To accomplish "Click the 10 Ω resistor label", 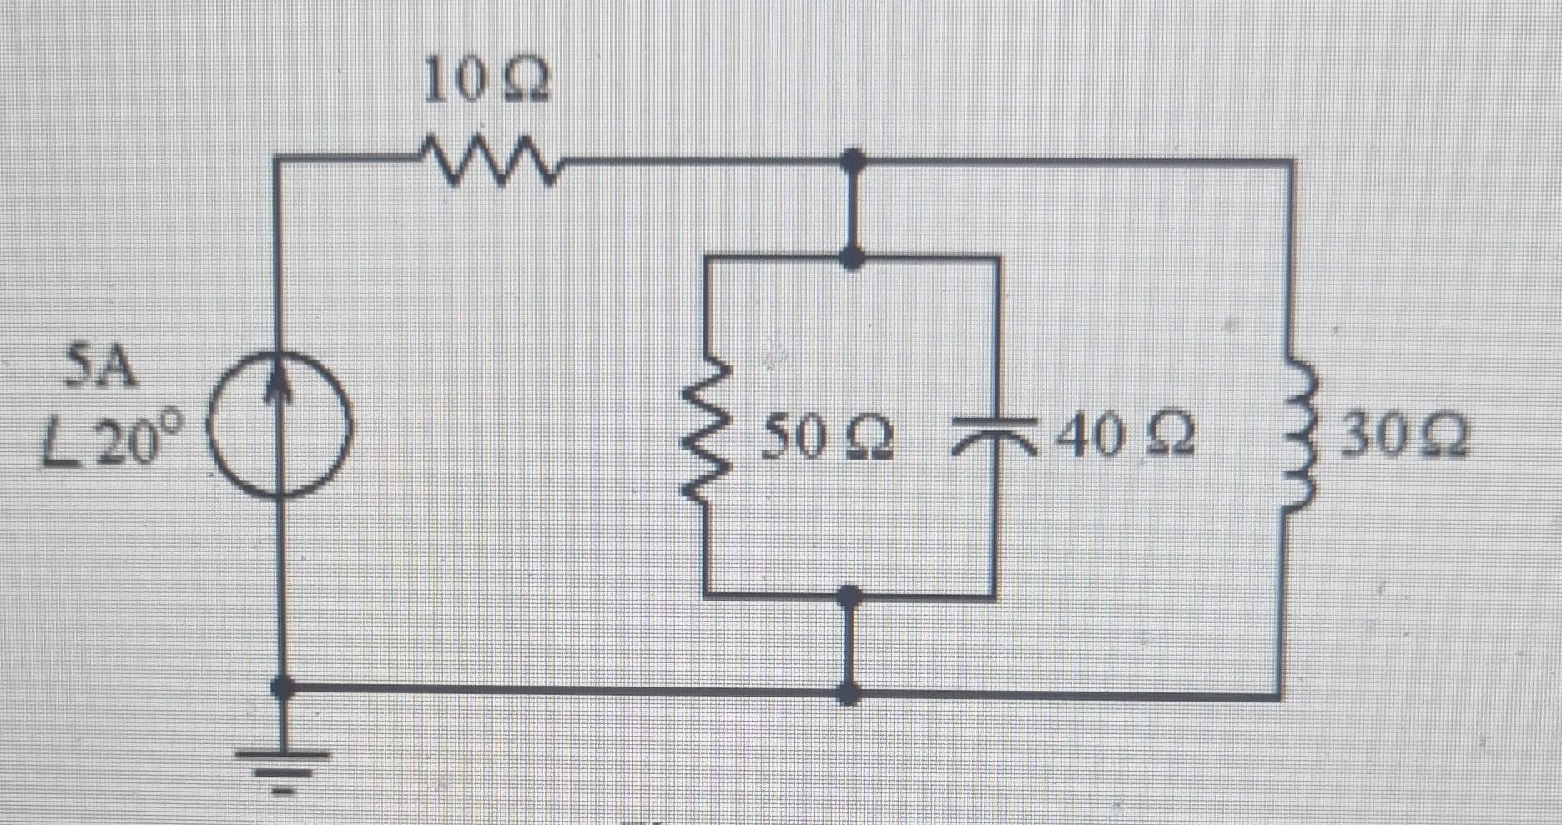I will [486, 82].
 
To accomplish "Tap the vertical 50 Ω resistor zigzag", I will [708, 435].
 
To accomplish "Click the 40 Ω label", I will [1126, 438].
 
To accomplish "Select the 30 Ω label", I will [1403, 439].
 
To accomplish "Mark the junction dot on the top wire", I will [852, 158].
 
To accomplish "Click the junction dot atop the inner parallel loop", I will [851, 258].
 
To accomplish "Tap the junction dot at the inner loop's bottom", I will [849, 596].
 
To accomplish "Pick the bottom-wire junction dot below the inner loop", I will [849, 692].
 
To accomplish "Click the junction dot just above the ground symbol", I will [284, 688].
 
